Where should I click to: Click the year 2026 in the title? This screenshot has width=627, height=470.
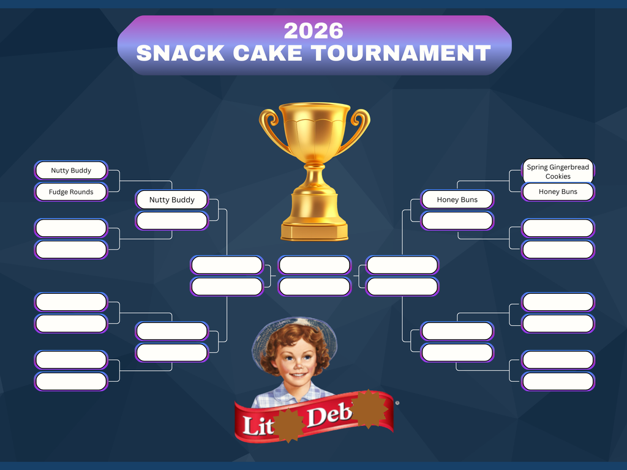pyautogui.click(x=313, y=31)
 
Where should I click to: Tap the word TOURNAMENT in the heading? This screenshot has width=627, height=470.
pyautogui.click(x=400, y=53)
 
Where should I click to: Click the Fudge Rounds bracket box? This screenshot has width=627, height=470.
pyautogui.click(x=71, y=192)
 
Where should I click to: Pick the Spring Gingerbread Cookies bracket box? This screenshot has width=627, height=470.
pyautogui.click(x=558, y=171)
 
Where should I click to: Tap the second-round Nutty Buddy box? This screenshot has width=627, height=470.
pyautogui.click(x=171, y=200)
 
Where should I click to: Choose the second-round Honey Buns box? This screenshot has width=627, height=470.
pyautogui.click(x=457, y=200)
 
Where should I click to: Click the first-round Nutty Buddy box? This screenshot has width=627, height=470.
pyautogui.click(x=71, y=171)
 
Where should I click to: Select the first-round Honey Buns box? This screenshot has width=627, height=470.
pyautogui.click(x=558, y=192)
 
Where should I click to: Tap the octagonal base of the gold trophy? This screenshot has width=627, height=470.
pyautogui.click(x=314, y=231)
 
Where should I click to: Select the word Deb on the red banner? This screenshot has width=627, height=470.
pyautogui.click(x=329, y=417)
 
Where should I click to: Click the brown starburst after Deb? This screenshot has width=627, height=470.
pyautogui.click(x=369, y=409)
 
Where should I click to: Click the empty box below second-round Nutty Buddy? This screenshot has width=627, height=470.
pyautogui.click(x=171, y=221)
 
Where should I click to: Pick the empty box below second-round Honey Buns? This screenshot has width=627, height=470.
pyautogui.click(x=457, y=221)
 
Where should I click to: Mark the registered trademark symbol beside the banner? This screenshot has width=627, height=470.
pyautogui.click(x=397, y=403)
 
